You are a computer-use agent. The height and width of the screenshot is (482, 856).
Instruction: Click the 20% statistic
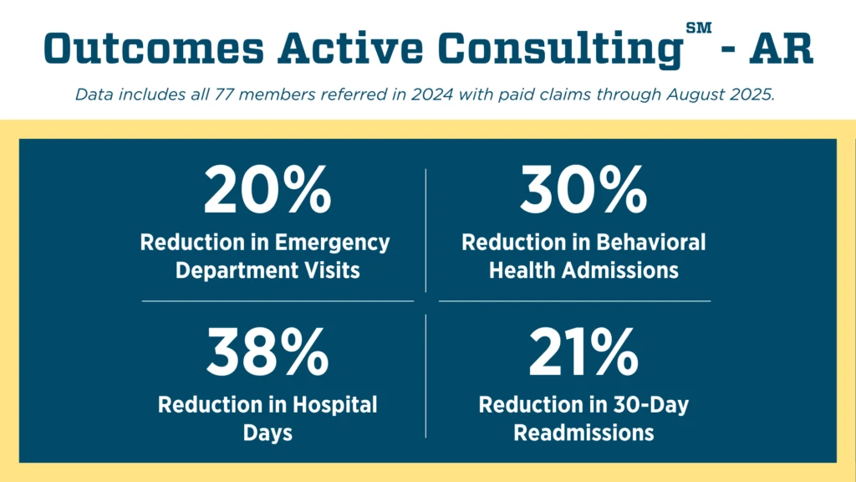pyautogui.click(x=267, y=192)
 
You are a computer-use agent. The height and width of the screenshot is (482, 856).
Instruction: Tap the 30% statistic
pyautogui.click(x=583, y=192)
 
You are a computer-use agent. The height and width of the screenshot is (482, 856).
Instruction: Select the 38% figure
pyautogui.click(x=267, y=352)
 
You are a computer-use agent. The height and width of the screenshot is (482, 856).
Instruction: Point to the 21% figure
pyautogui.click(x=583, y=352)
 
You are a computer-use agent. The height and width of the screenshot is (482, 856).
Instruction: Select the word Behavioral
pyautogui.click(x=651, y=243)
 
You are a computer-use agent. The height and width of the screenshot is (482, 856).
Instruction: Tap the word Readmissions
pyautogui.click(x=583, y=433)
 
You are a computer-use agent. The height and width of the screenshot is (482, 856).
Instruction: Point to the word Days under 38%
pyautogui.click(x=267, y=433)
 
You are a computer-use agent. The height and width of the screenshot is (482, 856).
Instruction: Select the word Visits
pyautogui.click(x=334, y=271)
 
